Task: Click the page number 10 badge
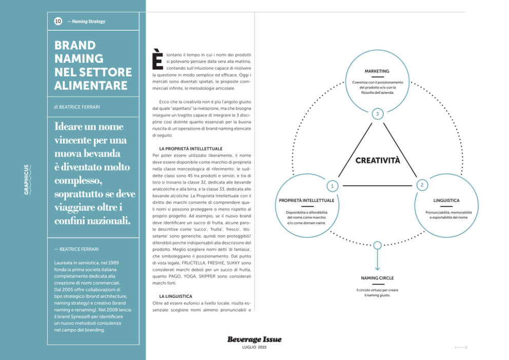click(57, 21)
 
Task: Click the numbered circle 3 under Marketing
click(377, 113)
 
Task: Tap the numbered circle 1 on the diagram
click(332, 185)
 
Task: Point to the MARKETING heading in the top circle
click(377, 71)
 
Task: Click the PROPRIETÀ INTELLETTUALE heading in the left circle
click(307, 200)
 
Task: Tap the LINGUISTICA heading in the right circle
click(446, 200)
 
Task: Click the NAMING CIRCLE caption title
click(377, 278)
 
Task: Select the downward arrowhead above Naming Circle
click(377, 268)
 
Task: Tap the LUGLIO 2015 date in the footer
click(254, 348)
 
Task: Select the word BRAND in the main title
click(75, 46)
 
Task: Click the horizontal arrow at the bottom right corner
click(461, 347)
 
